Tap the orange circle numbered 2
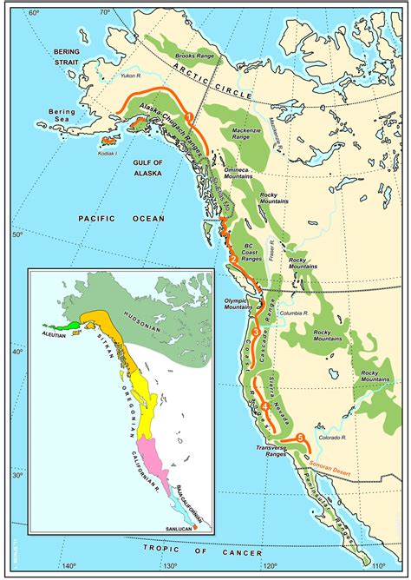pyautogui.click(x=232, y=259)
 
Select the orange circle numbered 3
pyautogui.click(x=255, y=333)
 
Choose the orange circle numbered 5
pyautogui.click(x=301, y=438)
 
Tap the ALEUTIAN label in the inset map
pyautogui.click(x=51, y=333)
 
